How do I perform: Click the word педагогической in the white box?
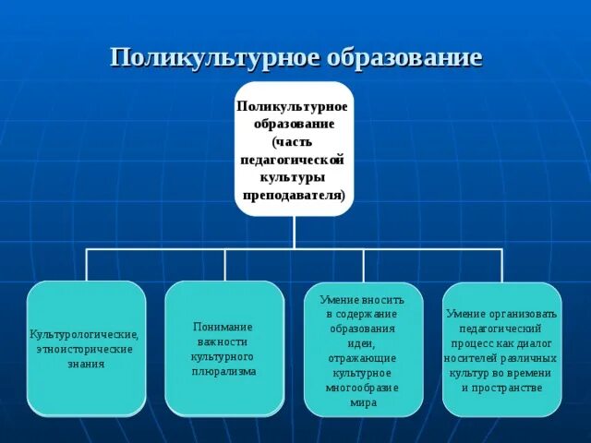(295, 160)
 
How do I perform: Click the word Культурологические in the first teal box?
(84, 334)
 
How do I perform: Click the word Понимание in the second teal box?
(223, 327)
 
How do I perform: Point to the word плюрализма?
(224, 371)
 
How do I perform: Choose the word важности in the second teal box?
(223, 341)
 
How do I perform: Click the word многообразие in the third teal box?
(364, 387)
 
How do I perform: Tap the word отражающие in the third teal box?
(364, 357)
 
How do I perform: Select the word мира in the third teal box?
(364, 401)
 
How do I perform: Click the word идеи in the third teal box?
(362, 342)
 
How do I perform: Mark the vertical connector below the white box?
(295, 232)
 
